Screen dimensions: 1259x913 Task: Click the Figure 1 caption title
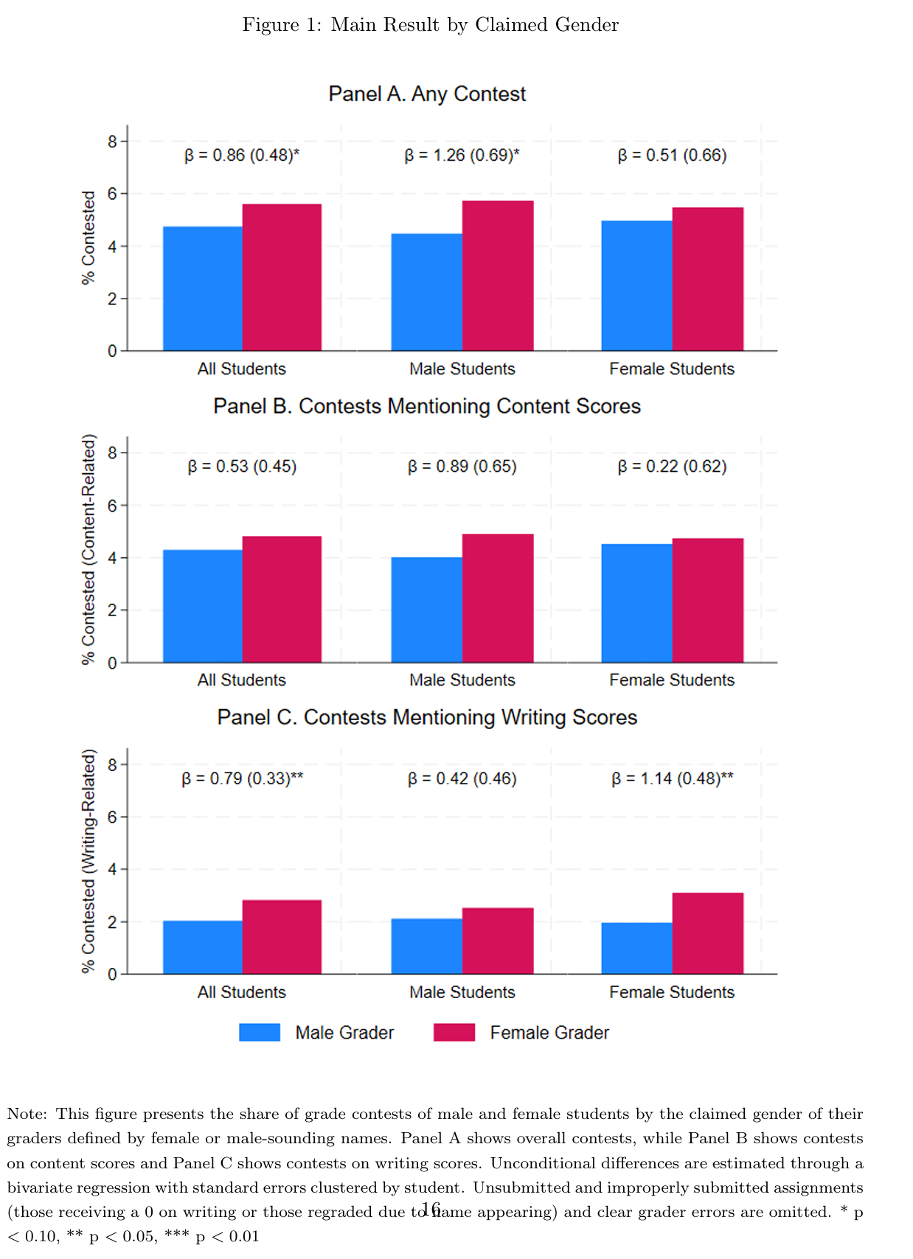[430, 25]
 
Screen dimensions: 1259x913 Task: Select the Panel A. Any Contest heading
[427, 94]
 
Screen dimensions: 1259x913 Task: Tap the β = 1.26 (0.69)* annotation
[462, 156]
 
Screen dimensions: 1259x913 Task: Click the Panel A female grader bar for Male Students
[498, 276]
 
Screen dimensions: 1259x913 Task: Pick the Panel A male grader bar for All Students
[203, 288]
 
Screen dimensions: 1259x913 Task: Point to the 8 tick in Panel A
[113, 141]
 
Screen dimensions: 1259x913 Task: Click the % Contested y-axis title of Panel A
[88, 237]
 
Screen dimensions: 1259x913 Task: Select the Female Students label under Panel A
[671, 369]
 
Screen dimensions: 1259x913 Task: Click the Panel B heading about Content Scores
[427, 406]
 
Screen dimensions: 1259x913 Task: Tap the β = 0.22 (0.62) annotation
[671, 467]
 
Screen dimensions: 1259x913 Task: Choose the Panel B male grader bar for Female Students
[636, 603]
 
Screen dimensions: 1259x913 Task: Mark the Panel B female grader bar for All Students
[282, 599]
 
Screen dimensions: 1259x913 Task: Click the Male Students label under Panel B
[462, 680]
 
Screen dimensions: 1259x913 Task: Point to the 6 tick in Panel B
[113, 506]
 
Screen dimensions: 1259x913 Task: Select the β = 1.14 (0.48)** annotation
[672, 778]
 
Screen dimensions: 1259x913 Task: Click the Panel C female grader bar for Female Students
[707, 933]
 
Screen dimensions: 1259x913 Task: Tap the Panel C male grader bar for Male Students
[426, 946]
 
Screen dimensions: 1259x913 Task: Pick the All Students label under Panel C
[241, 992]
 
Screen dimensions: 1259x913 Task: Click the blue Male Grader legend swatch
[260, 1032]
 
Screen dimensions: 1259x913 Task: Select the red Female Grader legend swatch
[454, 1032]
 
